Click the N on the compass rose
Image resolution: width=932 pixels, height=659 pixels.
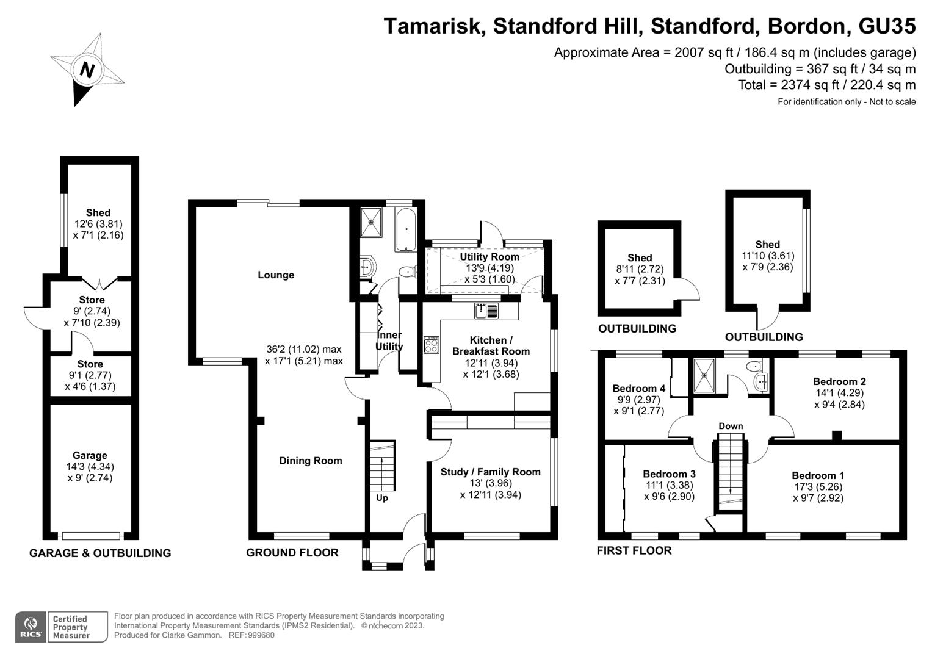87,70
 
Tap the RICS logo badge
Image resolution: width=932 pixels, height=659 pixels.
31,627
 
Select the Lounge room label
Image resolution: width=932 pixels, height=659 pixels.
276,275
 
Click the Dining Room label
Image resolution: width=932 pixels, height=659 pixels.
311,461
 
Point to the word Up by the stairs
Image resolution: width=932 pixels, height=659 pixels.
382,498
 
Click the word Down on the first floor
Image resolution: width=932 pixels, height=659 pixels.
731,426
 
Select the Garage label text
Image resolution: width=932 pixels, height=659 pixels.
90,455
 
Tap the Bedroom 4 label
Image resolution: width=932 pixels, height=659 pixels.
638,389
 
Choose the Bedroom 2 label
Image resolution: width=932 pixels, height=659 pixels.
839,381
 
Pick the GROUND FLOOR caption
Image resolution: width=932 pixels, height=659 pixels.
292,553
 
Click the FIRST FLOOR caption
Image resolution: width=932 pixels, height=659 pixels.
634,550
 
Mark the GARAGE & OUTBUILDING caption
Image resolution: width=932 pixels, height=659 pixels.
100,553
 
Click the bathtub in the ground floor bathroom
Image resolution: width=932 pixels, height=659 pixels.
406,229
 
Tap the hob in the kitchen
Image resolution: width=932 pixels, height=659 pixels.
432,345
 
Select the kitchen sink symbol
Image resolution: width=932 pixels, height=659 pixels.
486,311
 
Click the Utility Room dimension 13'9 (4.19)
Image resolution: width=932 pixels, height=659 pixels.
489,268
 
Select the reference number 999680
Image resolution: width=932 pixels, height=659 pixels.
261,635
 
